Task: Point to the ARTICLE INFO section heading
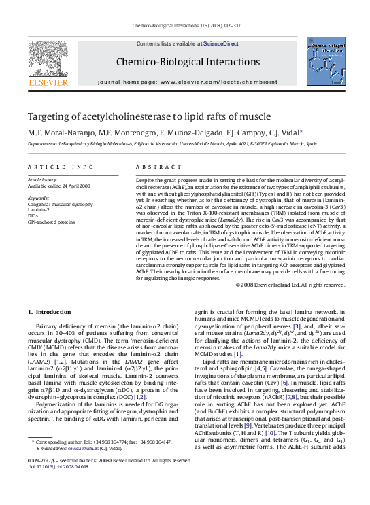[61, 167]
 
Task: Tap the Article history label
[43, 179]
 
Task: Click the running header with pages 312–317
[185, 27]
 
